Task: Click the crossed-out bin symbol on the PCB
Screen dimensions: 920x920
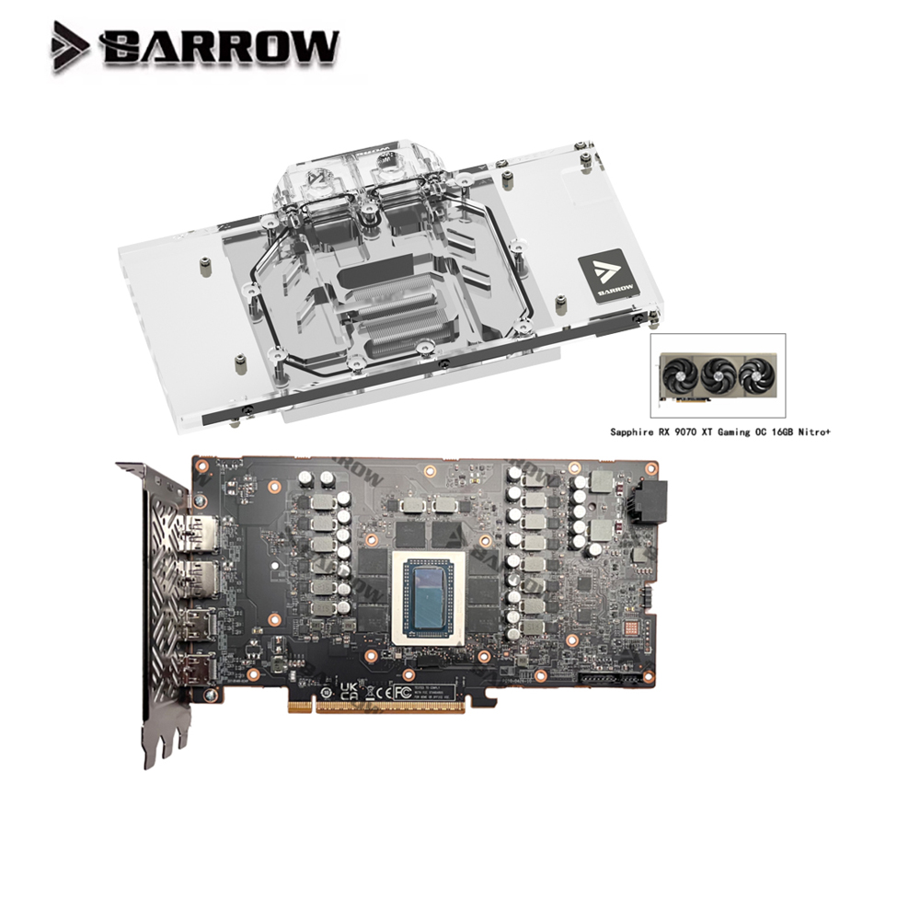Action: tap(326, 691)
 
